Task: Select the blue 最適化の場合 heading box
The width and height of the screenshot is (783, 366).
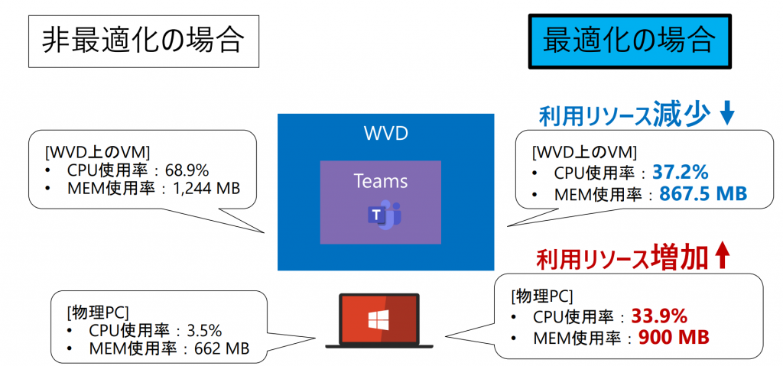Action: coord(630,40)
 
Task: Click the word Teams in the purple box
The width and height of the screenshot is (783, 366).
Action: coord(381,181)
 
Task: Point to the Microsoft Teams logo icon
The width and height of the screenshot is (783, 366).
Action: coord(385,215)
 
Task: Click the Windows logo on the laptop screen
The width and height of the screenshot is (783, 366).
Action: coord(379,320)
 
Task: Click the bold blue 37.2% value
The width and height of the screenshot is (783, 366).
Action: coord(681,172)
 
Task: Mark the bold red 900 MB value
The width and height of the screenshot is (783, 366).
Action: coord(674,337)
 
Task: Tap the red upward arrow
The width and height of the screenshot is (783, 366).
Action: coord(723,257)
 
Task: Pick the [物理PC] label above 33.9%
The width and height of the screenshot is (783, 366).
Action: coord(542,296)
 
